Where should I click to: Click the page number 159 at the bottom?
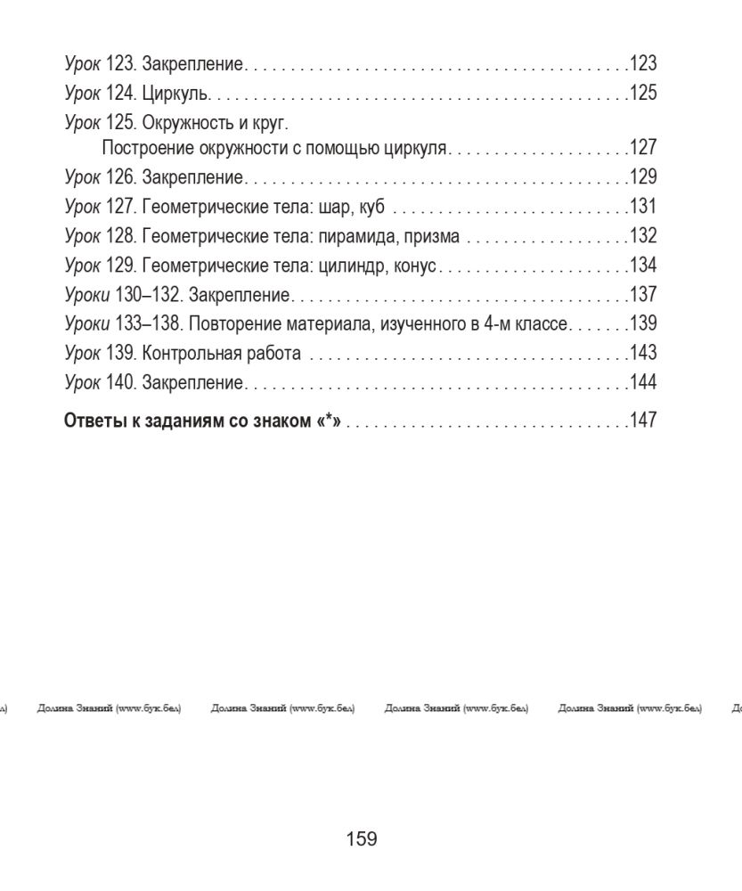(361, 838)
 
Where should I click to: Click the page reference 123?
(643, 64)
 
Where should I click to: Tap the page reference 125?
(643, 93)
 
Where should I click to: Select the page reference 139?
(643, 323)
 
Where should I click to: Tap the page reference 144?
(643, 382)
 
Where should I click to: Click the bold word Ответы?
(94, 421)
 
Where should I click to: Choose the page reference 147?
(643, 421)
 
